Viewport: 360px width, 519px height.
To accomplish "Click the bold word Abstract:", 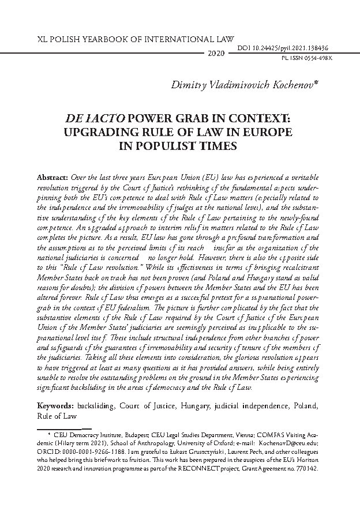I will tap(52, 175).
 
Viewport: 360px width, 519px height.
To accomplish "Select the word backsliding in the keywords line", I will tap(98, 406).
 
